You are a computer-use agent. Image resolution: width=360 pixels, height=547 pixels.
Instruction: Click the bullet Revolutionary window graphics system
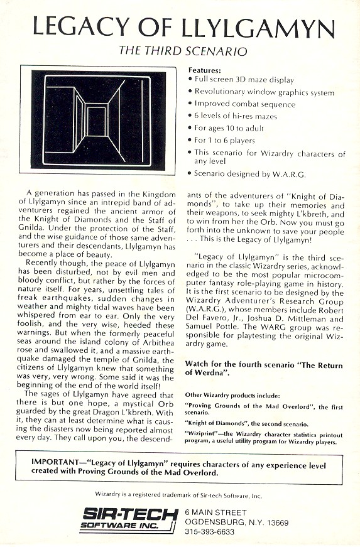[x=264, y=92]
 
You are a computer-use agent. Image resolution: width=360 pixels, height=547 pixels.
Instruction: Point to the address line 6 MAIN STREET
[x=217, y=512]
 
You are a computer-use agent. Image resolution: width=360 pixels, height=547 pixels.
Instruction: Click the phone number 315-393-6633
[x=214, y=531]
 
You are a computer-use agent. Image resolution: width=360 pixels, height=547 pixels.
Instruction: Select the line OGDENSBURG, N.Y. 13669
[x=236, y=522]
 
